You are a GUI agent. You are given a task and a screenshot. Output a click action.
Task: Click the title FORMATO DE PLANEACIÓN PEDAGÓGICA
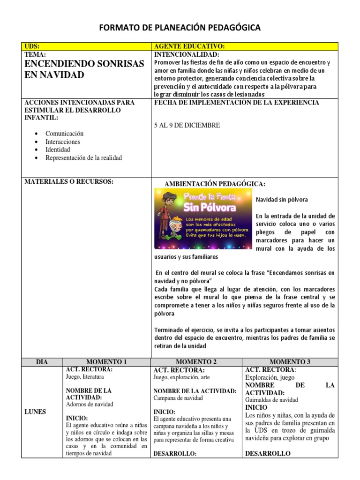[180, 29]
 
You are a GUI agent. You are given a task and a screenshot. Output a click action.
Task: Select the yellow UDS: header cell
[86, 46]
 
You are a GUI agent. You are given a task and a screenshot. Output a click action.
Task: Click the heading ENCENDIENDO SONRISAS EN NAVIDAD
[77, 69]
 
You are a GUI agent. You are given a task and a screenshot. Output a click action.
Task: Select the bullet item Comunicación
[64, 134]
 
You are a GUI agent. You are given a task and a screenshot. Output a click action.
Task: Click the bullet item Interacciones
[62, 142]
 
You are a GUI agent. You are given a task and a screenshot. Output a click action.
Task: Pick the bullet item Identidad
[58, 150]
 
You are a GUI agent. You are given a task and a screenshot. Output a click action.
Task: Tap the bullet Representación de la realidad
[83, 158]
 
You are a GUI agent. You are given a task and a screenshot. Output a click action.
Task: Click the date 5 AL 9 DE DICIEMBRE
[187, 126]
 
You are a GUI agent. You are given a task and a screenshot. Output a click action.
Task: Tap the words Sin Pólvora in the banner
[210, 207]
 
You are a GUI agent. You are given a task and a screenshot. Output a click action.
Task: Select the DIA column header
[42, 362]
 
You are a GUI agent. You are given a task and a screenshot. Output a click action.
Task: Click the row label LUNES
[35, 412]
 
